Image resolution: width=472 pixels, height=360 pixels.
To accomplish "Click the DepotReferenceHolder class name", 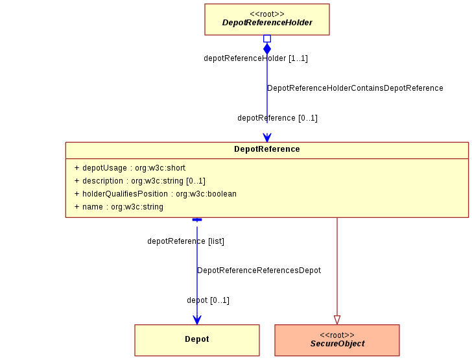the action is pos(267,23).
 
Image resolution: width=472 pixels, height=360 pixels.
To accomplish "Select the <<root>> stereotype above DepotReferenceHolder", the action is pos(267,14).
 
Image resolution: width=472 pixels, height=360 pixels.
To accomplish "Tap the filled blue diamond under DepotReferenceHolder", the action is pos(267,49).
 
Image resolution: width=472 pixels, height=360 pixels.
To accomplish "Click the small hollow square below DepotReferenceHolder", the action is pos(267,38).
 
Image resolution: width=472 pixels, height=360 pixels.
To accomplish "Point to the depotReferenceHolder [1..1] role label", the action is pos(255,58).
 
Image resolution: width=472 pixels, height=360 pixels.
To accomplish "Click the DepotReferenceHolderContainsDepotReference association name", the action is pos(355,88).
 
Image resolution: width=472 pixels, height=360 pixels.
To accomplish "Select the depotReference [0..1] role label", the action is pos(277,118).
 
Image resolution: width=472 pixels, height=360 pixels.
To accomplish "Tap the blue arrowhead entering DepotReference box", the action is pos(267,138).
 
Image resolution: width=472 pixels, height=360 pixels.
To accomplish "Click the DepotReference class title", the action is pos(267,149).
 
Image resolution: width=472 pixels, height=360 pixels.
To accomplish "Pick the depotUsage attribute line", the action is pos(130,168).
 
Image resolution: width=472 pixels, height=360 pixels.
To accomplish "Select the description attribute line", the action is pos(139,181).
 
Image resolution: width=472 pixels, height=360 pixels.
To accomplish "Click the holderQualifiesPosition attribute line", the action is pos(156,194).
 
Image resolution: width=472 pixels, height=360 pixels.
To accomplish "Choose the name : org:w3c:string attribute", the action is pos(119,207).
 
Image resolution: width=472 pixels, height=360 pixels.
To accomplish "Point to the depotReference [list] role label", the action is pos(185,241).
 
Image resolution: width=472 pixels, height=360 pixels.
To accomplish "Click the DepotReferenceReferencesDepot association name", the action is pos(259,270).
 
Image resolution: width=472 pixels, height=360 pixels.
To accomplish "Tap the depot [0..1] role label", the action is pos(208,300).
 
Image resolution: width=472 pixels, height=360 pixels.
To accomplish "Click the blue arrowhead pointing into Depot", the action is pos(197,320).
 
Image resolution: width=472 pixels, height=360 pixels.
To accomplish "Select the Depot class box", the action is pos(197,340).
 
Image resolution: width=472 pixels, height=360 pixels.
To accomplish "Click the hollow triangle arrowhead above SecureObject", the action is pos(337,320).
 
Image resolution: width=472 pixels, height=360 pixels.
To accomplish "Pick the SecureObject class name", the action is pos(337,344).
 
